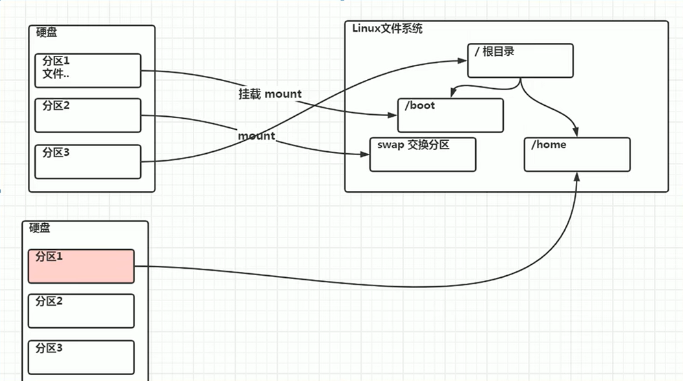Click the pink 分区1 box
click(x=81, y=266)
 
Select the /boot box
click(x=451, y=116)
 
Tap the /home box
click(x=577, y=154)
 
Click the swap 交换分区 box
click(x=423, y=154)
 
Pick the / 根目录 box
click(x=520, y=60)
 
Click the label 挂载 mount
click(x=270, y=94)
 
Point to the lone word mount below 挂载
click(x=256, y=136)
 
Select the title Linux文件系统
click(x=387, y=29)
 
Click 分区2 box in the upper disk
click(x=88, y=115)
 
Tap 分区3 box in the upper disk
click(x=88, y=162)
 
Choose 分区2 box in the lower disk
click(x=81, y=311)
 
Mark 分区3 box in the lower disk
click(x=81, y=357)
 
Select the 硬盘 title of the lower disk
click(x=40, y=228)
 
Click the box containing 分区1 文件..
click(x=88, y=70)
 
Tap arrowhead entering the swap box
click(x=364, y=154)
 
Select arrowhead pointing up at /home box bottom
click(x=577, y=177)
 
